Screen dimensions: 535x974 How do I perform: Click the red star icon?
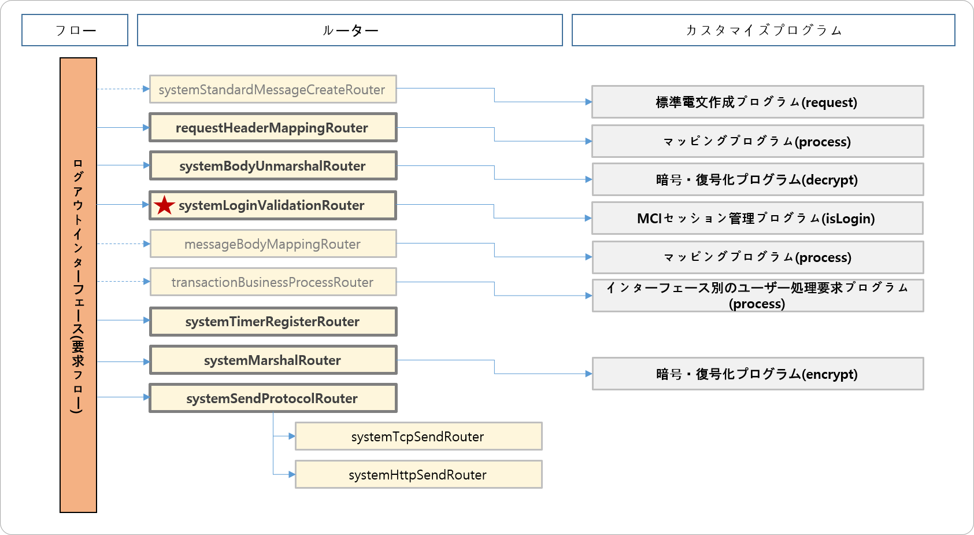(x=165, y=205)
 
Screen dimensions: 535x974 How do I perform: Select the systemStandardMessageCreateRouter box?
(x=272, y=90)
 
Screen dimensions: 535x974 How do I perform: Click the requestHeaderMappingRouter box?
(x=272, y=128)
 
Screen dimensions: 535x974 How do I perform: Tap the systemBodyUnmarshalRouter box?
(x=272, y=166)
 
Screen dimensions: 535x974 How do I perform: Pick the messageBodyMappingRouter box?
(x=272, y=244)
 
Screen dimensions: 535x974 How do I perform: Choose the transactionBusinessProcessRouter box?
(x=272, y=282)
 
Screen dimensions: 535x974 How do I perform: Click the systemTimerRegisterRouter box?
(x=272, y=322)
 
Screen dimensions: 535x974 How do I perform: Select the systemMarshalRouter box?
(x=272, y=360)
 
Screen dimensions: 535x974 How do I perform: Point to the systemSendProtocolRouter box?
(x=272, y=399)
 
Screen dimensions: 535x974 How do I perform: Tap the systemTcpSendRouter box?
(x=418, y=437)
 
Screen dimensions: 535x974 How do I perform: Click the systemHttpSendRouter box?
(x=418, y=475)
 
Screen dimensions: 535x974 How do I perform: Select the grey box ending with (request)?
(x=757, y=102)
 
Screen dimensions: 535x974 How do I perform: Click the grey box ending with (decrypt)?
(x=757, y=180)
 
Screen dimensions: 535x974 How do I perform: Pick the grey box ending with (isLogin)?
(x=757, y=219)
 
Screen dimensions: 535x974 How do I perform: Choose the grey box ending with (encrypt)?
(x=757, y=374)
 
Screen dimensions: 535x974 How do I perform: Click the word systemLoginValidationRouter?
(x=272, y=205)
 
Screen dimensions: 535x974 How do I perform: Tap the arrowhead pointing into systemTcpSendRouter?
(x=292, y=436)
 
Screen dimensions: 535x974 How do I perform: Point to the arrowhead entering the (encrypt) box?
(x=588, y=374)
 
